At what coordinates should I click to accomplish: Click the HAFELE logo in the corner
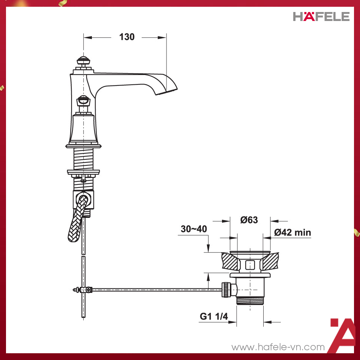pos(321,16)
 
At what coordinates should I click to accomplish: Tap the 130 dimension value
pos(127,37)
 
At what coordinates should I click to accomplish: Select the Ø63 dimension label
pos(249,220)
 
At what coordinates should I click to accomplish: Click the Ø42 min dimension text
pos(292,232)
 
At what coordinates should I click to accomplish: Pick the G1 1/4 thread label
pos(214,316)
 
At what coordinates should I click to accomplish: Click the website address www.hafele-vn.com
pos(278,347)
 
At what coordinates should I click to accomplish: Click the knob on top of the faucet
pos(83,61)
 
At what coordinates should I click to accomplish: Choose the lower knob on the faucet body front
pos(83,101)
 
